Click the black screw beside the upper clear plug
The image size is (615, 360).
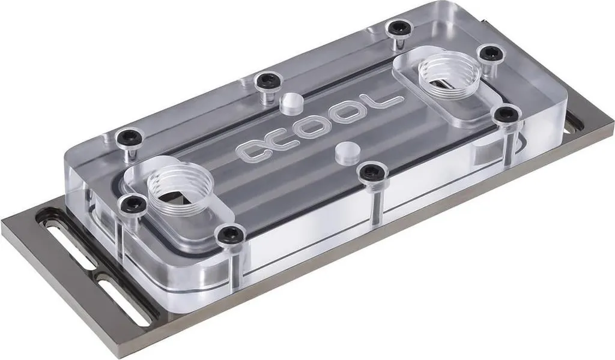tap(264, 80)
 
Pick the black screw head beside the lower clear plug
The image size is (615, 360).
tap(372, 172)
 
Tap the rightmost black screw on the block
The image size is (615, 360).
tap(507, 113)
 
